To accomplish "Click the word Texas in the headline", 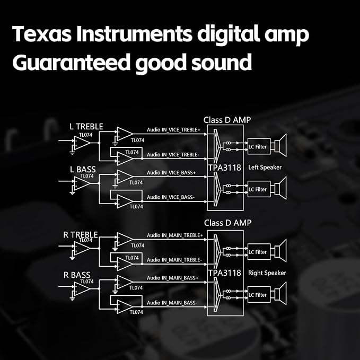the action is [41, 34].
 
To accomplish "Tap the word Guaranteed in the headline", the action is [72, 62].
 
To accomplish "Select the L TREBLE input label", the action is [86, 127].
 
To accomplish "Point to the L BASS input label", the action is [83, 170].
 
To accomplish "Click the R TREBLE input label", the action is [81, 235].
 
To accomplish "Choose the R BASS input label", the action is [77, 275].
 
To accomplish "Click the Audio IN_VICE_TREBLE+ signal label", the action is [173, 130].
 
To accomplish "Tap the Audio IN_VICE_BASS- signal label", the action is [171, 197].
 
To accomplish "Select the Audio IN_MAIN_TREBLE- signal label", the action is [174, 260].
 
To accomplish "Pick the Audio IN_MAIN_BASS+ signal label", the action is [172, 278].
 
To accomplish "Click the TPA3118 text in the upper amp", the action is [225, 168].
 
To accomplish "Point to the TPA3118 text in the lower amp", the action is [225, 273].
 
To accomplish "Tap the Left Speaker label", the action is [265, 168].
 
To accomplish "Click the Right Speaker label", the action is [267, 273].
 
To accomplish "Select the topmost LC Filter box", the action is [259, 146].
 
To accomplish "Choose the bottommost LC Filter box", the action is [259, 295].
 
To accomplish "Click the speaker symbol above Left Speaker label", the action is [280, 146].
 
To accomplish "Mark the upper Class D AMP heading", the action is [227, 120].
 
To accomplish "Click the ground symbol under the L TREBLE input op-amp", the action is [72, 153].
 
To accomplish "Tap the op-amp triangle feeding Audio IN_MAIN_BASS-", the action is [125, 307].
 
